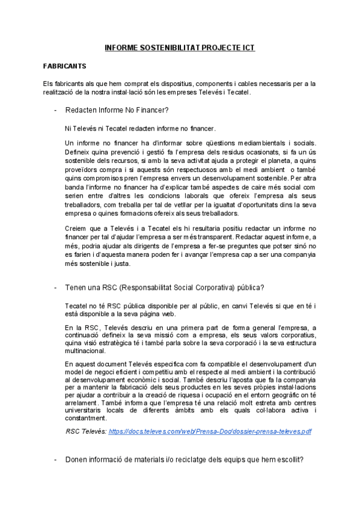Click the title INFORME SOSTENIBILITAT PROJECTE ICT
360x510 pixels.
coord(180,47)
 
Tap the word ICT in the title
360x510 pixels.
coord(247,47)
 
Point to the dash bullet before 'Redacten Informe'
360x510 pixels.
coord(55,111)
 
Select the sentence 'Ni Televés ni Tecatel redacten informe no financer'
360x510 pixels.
coord(139,128)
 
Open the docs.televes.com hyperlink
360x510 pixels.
coord(210,431)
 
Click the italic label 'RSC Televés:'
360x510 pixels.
coord(85,431)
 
